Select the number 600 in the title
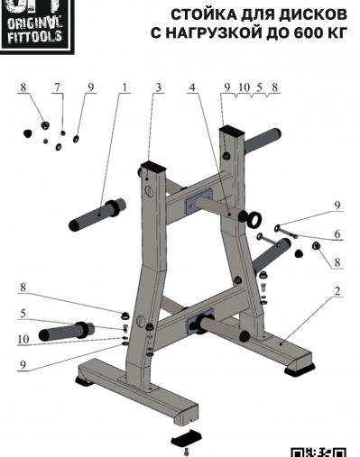306,33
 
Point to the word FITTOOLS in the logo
34,37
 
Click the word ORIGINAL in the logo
34,23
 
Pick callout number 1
125,87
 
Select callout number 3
158,87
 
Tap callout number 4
192,87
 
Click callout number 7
57,87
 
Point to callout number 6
337,233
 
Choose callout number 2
337,290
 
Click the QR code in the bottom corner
318,452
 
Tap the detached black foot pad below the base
187,437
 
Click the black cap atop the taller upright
232,131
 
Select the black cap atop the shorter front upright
152,166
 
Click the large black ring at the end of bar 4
254,220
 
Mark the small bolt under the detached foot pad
187,452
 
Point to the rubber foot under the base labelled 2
300,370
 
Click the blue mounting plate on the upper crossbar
198,201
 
